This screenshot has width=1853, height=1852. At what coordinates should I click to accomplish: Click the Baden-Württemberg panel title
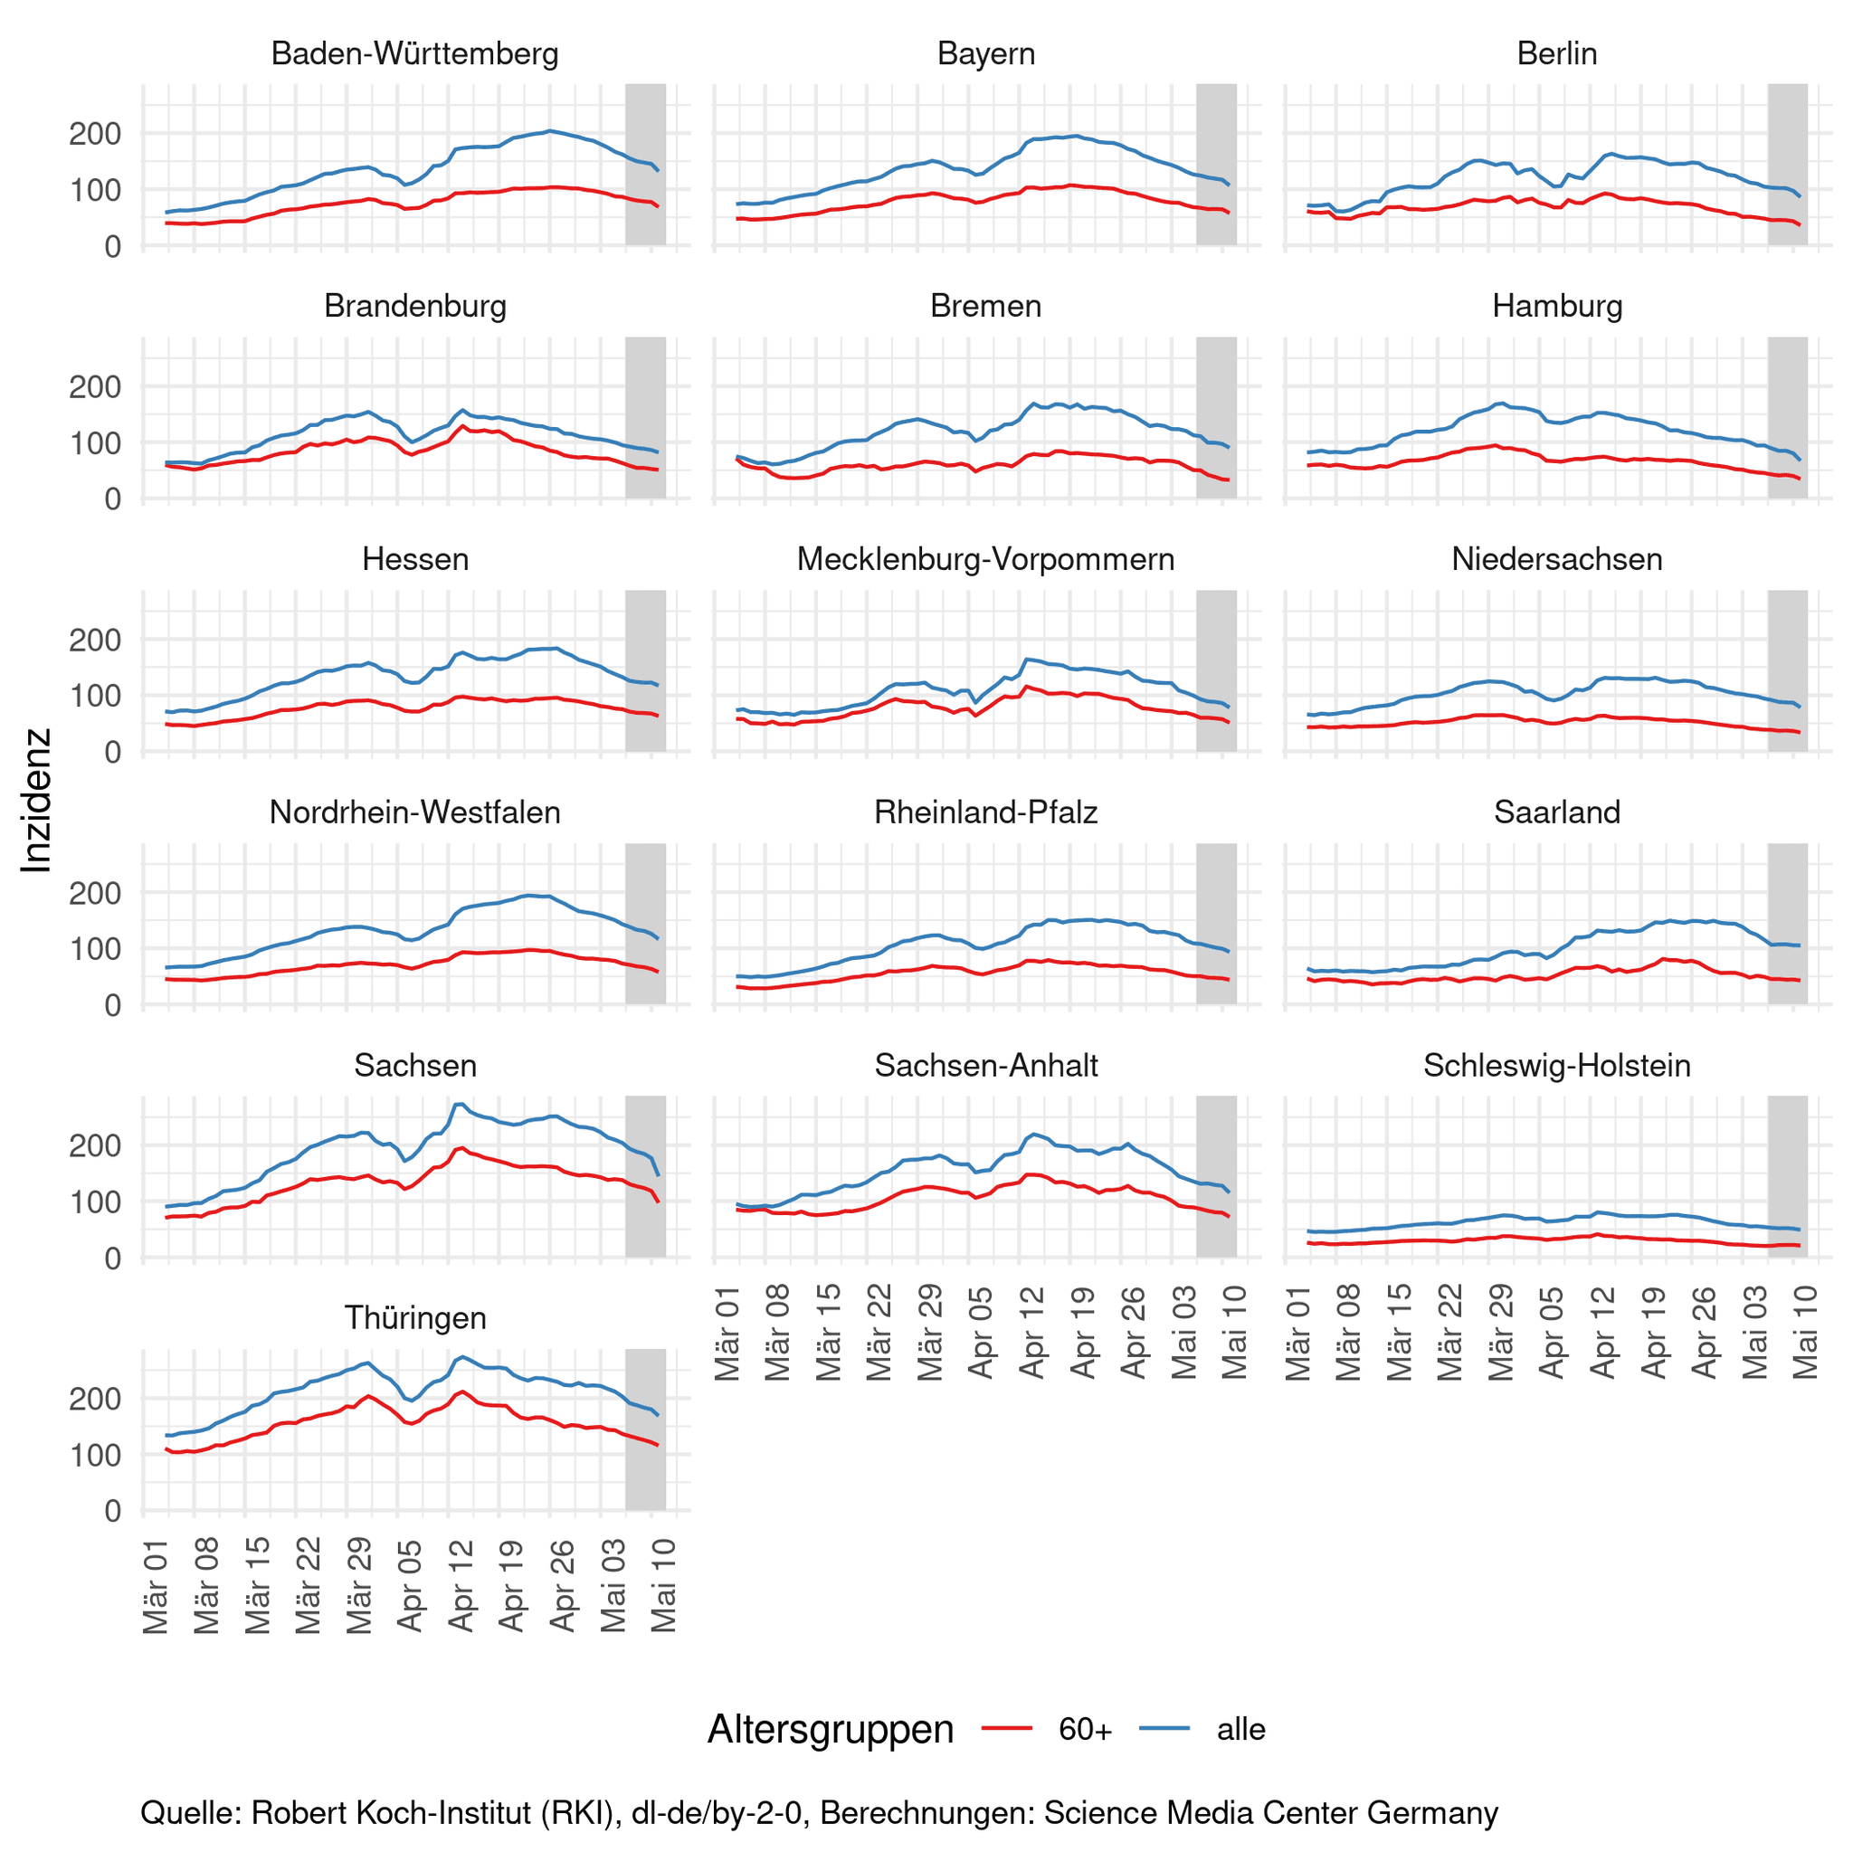tap(414, 53)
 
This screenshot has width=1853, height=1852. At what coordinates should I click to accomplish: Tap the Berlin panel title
tap(1555, 53)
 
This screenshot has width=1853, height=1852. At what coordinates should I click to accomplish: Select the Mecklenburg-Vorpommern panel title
tap(985, 559)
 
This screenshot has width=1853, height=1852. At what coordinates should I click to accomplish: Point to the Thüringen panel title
tap(414, 1318)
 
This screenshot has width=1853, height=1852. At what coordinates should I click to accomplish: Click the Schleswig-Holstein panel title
tap(1555, 1066)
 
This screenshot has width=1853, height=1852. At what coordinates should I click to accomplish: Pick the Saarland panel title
tap(1555, 812)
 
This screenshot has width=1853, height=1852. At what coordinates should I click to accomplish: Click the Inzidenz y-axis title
tap(36, 801)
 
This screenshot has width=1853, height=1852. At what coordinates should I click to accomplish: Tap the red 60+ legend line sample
tap(1006, 1728)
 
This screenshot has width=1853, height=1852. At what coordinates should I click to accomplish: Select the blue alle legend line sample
tap(1164, 1728)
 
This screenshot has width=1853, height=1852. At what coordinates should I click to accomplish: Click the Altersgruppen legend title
tap(830, 1729)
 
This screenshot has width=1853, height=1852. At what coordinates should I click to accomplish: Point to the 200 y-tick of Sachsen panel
tap(95, 1145)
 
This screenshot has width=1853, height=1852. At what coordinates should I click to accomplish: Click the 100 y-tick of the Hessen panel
tap(95, 696)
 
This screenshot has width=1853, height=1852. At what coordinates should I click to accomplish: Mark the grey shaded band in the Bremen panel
tap(1215, 417)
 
